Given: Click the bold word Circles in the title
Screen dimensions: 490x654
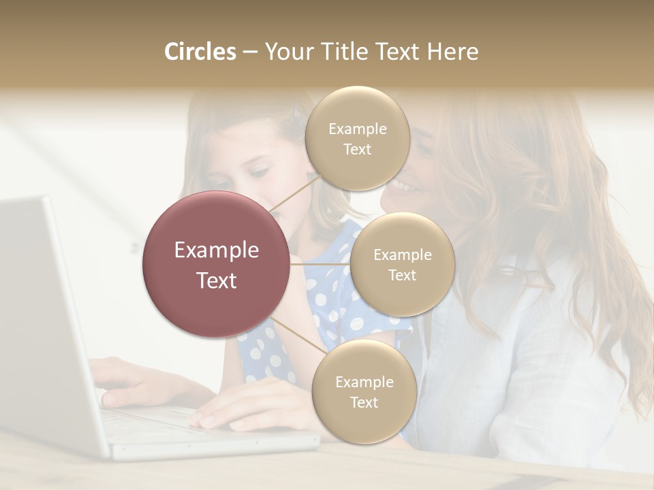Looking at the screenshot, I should pyautogui.click(x=200, y=52).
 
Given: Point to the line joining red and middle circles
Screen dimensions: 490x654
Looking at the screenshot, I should pyautogui.click(x=320, y=264).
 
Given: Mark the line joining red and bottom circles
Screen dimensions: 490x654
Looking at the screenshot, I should pyautogui.click(x=294, y=335).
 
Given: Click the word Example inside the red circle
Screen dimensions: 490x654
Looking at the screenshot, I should pyautogui.click(x=216, y=250).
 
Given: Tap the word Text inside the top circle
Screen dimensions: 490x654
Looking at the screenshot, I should pyautogui.click(x=358, y=149).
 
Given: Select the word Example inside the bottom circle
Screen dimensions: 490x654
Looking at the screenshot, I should pyautogui.click(x=364, y=382).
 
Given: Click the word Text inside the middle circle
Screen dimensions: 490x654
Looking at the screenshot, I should pyautogui.click(x=402, y=275).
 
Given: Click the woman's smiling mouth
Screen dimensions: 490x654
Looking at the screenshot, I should pyautogui.click(x=403, y=185).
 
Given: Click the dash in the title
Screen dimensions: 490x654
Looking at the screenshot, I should pyautogui.click(x=249, y=52).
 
